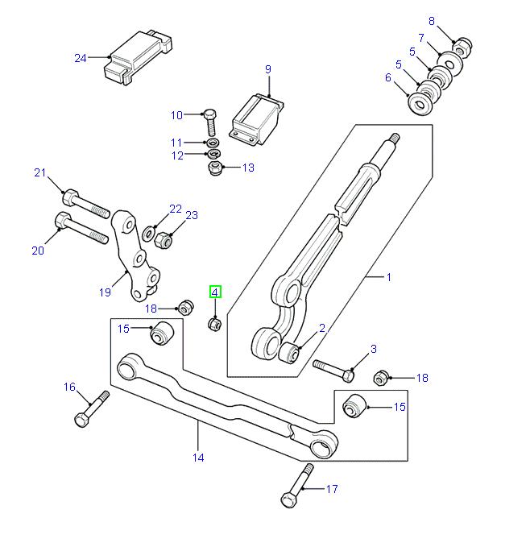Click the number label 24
tap(80, 57)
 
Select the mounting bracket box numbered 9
tap(257, 118)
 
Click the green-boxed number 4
tap(215, 292)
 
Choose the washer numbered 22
tap(150, 234)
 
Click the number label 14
tap(198, 458)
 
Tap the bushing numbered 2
tap(290, 351)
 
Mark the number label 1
tap(388, 277)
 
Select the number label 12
tap(176, 155)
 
